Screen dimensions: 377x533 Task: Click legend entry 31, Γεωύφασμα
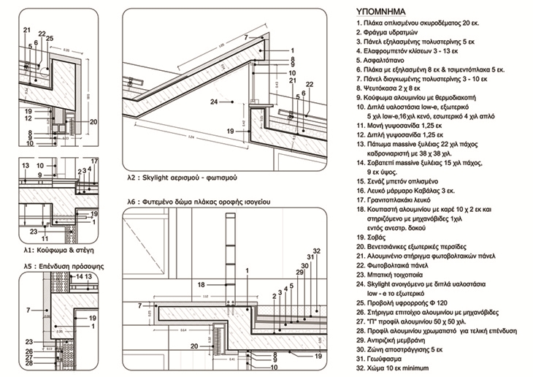coord(382,359)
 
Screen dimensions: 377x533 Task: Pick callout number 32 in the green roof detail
coord(316,251)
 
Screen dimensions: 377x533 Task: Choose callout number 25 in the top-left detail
coord(49,38)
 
